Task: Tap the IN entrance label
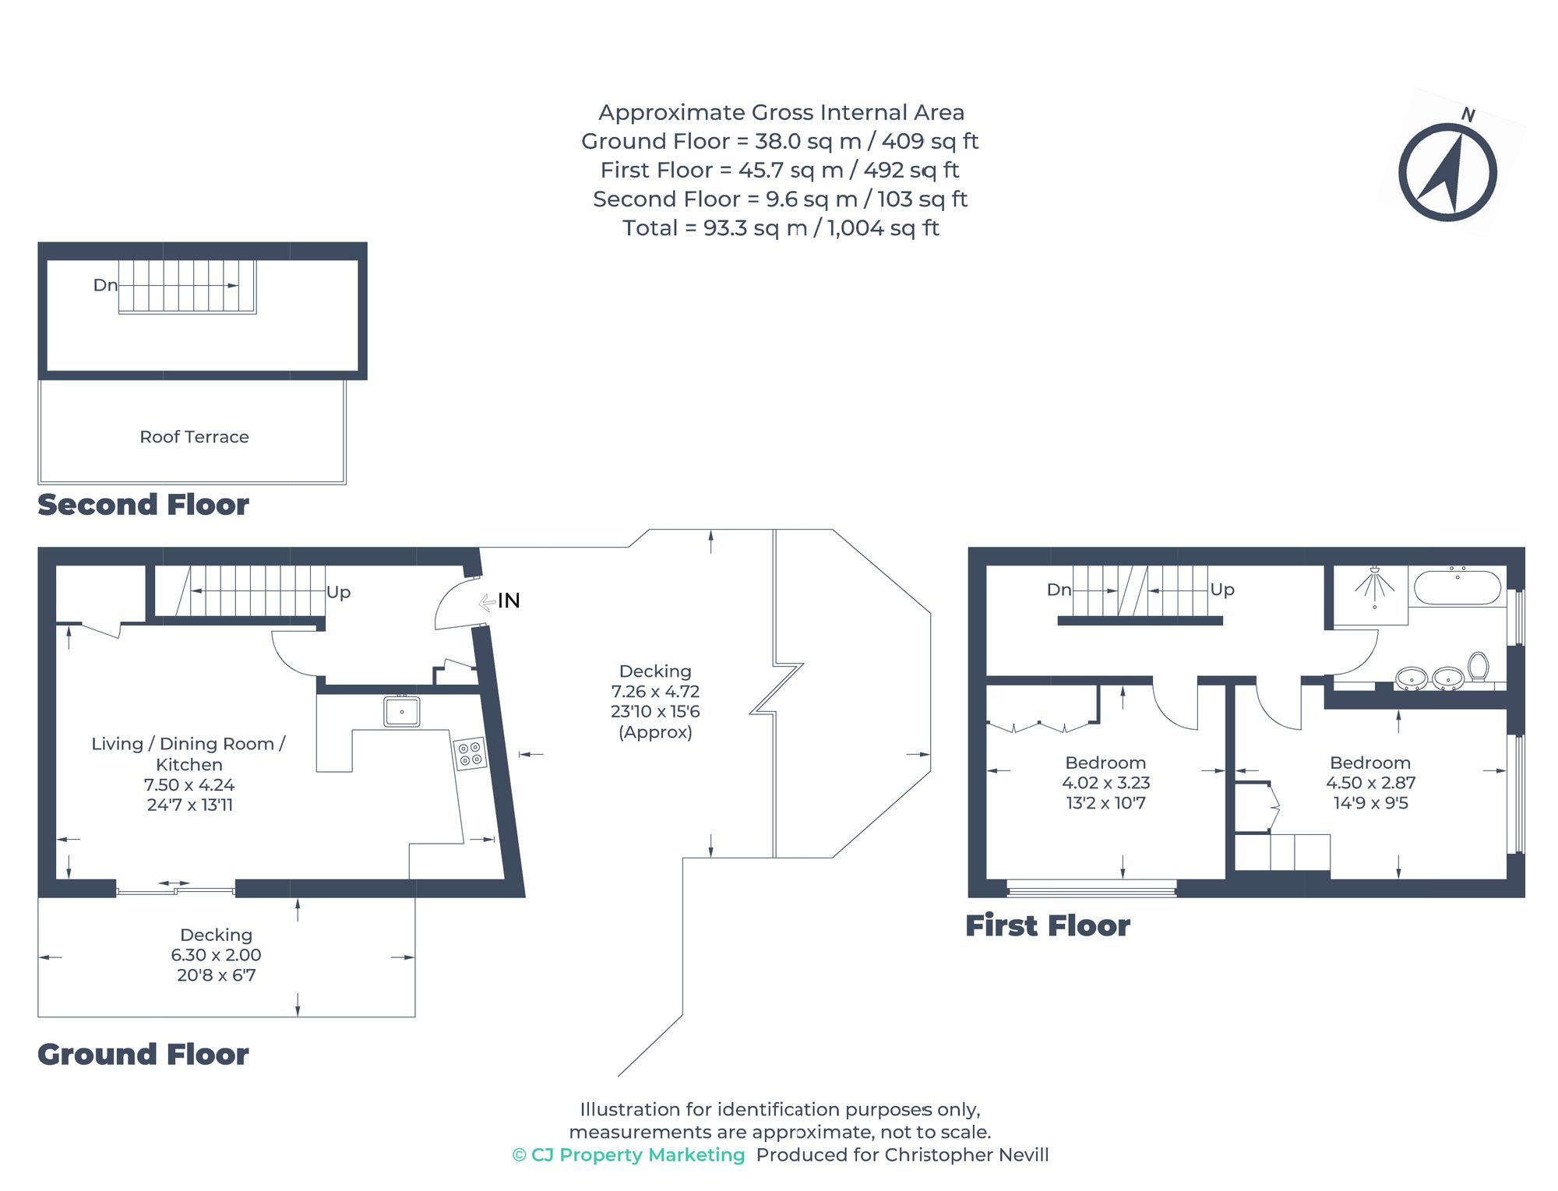(508, 601)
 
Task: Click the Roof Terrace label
(194, 437)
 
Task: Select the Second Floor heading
(143, 505)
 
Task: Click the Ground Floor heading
(143, 1055)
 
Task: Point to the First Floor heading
(1047, 926)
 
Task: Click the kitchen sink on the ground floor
(402, 711)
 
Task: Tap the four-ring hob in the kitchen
(470, 753)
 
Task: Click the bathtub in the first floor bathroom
(1457, 588)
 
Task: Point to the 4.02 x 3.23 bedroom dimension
(1105, 783)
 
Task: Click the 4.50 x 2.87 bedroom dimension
(1370, 783)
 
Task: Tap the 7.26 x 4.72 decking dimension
(655, 692)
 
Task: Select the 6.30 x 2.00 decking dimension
(216, 955)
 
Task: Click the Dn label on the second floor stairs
(105, 285)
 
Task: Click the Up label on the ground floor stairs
(338, 592)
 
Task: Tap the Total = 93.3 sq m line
(781, 228)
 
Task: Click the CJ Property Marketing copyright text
(629, 1155)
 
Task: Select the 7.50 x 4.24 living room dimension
(189, 785)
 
